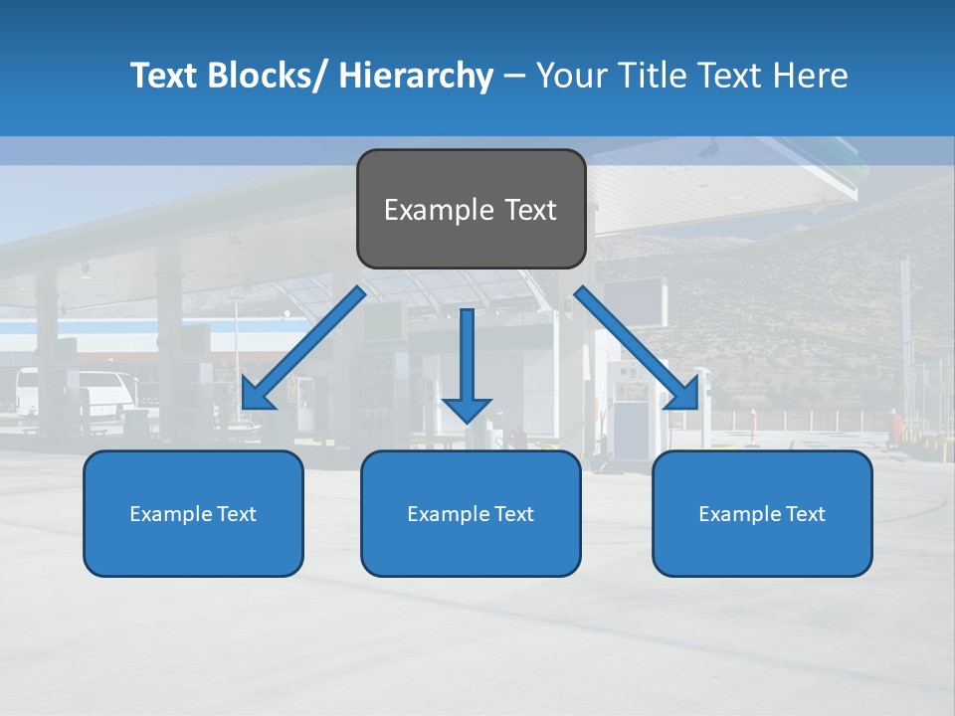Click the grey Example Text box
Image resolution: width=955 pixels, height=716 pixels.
(x=471, y=209)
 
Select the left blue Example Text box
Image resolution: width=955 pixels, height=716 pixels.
(x=193, y=513)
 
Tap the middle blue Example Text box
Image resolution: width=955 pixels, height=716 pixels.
(x=471, y=513)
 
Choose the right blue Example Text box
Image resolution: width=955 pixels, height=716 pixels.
(x=762, y=513)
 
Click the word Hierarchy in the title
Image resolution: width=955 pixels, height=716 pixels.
(x=416, y=76)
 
